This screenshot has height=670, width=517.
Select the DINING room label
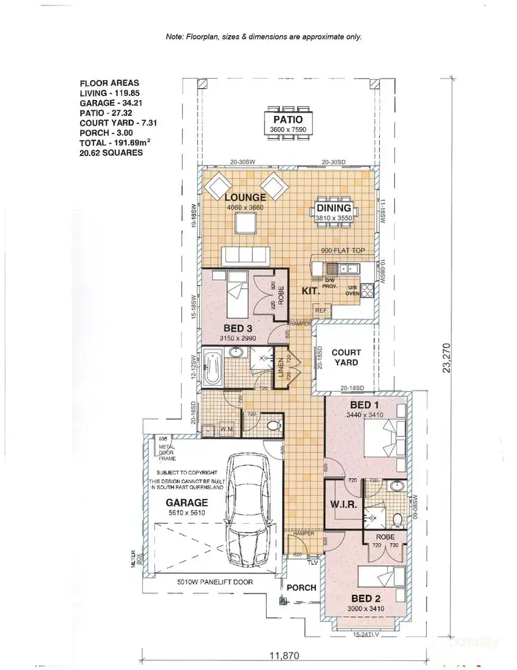[x=334, y=208]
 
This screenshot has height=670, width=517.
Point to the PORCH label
[x=303, y=588]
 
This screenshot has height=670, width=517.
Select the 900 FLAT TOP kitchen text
[x=343, y=251]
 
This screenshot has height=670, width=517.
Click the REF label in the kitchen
[x=321, y=311]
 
